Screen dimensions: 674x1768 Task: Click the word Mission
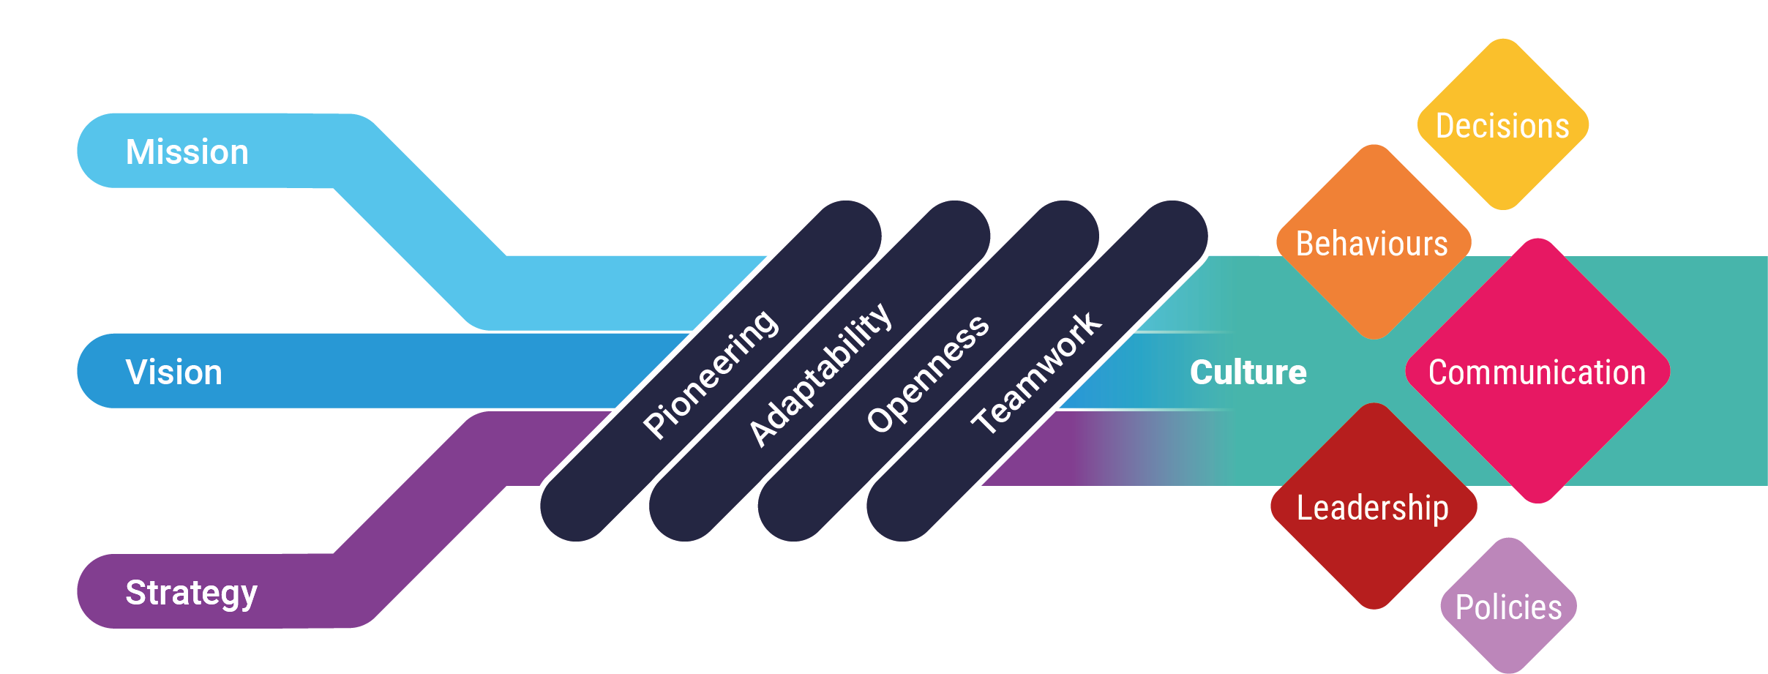coord(187,152)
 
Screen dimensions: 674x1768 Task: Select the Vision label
coord(173,372)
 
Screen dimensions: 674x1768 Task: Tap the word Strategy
coord(191,593)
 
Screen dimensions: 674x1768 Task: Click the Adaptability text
coord(820,374)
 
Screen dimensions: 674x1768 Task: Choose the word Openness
coord(927,373)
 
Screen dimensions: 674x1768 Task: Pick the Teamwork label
coord(1035,372)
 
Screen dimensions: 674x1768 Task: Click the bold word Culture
coord(1248,372)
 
